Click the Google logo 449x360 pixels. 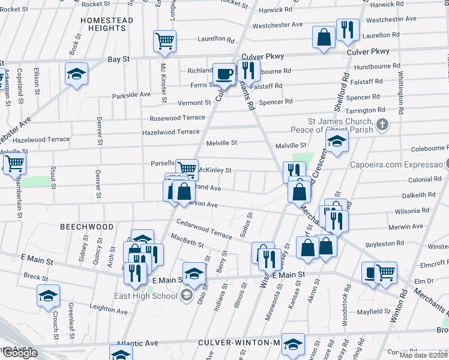tap(19, 353)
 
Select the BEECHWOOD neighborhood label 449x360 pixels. tap(86, 227)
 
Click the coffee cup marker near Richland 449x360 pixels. tap(224, 74)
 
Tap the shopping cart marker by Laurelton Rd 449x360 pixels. tap(164, 41)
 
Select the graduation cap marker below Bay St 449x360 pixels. tap(76, 74)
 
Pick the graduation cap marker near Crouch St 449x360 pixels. tap(48, 296)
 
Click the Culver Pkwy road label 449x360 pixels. tap(367, 52)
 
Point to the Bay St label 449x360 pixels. tap(118, 59)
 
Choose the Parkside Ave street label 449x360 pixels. tap(131, 95)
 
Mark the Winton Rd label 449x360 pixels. tap(397, 307)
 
